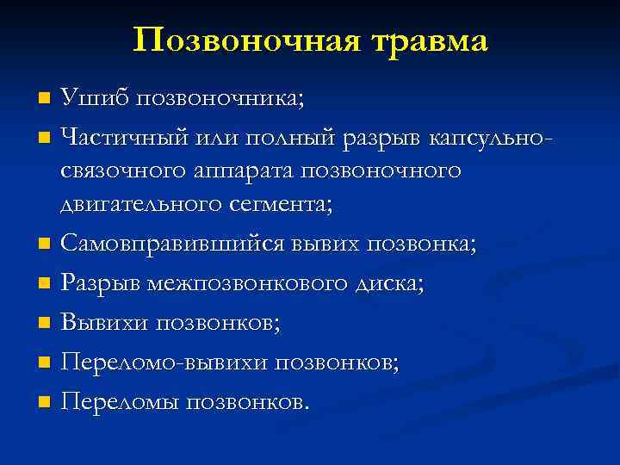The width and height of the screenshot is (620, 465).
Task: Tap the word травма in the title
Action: (423, 41)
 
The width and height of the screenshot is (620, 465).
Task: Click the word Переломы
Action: (120, 401)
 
